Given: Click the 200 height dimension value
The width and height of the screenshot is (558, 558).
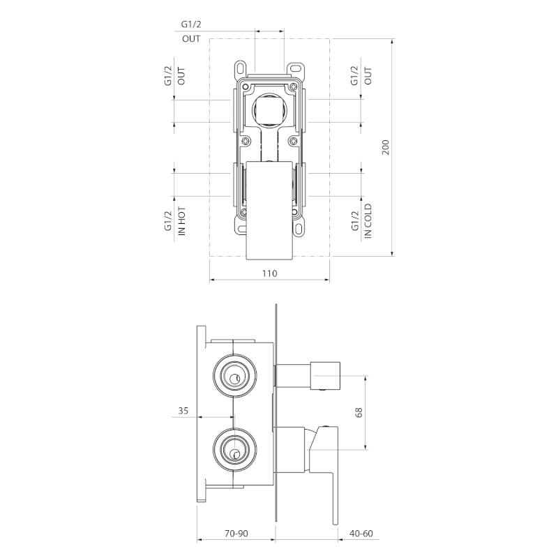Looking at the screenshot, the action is click(x=386, y=147).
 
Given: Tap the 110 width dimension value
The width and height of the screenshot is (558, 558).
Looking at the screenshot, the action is click(x=269, y=273).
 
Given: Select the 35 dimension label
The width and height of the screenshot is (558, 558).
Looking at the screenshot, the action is click(x=183, y=411).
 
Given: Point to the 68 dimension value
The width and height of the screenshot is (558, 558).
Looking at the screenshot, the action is click(x=359, y=412).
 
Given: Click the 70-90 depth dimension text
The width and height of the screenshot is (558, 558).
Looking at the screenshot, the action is click(x=236, y=534).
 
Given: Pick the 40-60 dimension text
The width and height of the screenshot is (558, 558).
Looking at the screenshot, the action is click(x=361, y=534).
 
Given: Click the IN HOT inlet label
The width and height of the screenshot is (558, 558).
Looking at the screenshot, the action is click(x=182, y=221).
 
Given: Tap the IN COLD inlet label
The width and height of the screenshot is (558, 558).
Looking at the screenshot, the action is click(x=368, y=221).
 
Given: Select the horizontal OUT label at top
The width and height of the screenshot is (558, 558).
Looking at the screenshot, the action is click(x=191, y=39).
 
